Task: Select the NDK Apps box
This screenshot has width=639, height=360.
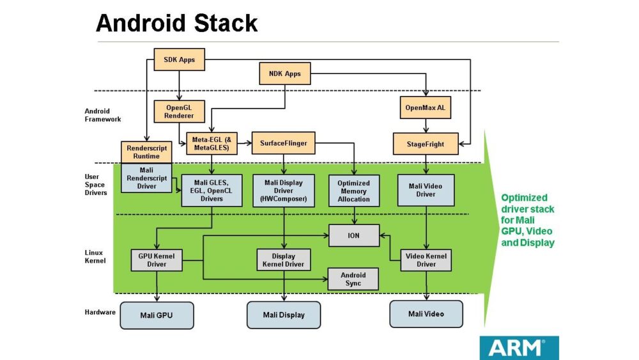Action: coord(284,74)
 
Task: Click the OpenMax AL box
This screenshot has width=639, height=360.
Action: coord(425,107)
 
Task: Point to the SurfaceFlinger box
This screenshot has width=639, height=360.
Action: coord(284,143)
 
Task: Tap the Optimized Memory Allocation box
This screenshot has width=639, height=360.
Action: coord(353,191)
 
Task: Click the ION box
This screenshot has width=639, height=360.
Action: coord(353,235)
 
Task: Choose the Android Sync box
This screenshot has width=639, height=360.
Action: coord(353,279)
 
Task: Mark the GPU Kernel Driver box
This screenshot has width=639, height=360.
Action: coord(157,260)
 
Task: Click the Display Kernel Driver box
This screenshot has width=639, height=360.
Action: coord(284,260)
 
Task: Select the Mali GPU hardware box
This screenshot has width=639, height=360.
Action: coord(157,315)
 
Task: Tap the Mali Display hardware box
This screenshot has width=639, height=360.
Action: coord(284,315)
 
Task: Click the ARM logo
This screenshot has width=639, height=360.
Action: coord(518,348)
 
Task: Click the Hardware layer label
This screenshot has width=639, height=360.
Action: coord(100,312)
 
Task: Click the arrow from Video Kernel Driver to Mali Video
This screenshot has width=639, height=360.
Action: coord(426,285)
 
